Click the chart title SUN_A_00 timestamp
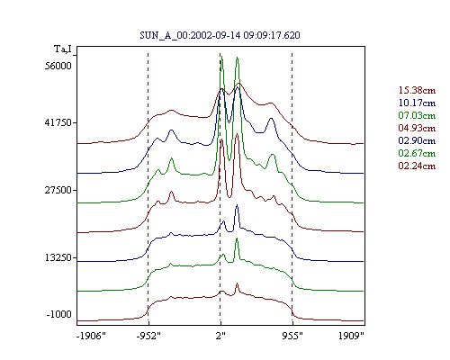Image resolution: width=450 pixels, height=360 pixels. [220, 35]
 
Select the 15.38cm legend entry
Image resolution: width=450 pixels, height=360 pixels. [417, 90]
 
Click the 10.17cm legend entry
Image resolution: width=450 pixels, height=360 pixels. [417, 103]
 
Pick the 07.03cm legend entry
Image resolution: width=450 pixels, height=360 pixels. [417, 115]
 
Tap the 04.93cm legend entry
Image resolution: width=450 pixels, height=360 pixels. [417, 128]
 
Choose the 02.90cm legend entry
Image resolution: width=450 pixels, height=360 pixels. [417, 140]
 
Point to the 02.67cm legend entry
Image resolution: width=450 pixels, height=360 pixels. [417, 153]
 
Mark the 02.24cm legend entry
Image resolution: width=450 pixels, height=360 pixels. [417, 166]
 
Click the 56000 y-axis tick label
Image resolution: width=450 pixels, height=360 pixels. [58, 66]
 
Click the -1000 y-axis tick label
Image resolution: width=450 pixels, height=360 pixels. [58, 314]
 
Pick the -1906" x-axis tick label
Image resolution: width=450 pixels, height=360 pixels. [91, 336]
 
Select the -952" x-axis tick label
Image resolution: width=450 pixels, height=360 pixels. [148, 336]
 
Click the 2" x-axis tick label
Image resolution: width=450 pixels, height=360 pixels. [220, 336]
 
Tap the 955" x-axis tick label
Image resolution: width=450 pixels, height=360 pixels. [292, 336]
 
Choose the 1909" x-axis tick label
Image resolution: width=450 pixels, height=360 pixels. [351, 336]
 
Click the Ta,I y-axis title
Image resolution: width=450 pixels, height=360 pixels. [63, 49]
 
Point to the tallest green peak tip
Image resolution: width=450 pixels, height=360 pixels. [221, 56]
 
